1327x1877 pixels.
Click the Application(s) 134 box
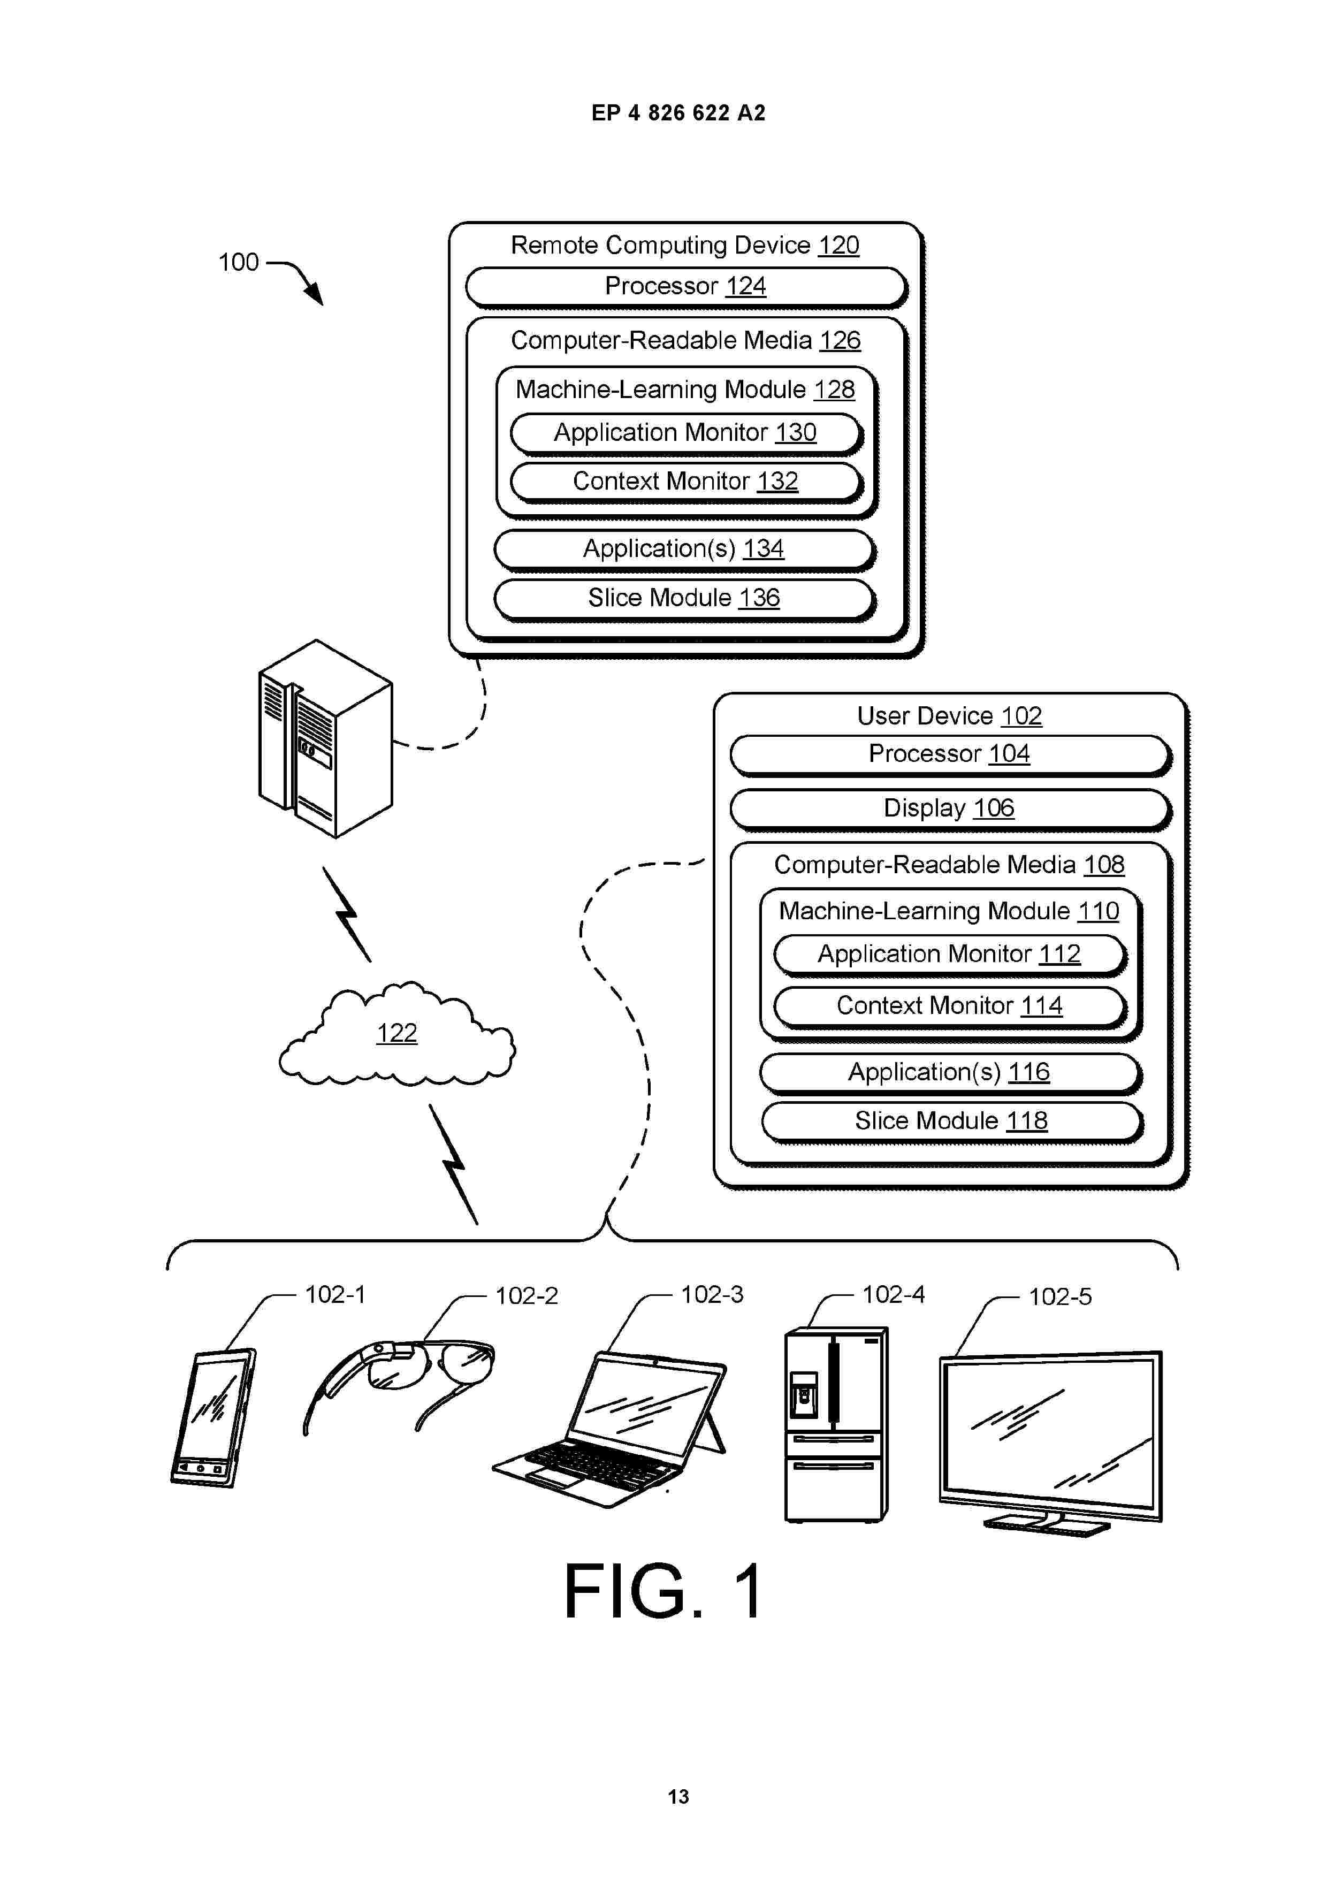click(684, 550)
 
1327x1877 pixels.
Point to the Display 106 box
click(950, 810)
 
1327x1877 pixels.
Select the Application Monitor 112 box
click(950, 955)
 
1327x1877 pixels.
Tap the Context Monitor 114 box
click(950, 1006)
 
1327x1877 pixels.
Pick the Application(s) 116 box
click(950, 1073)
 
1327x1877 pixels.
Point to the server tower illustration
click(325, 738)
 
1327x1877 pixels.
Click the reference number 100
click(239, 262)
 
